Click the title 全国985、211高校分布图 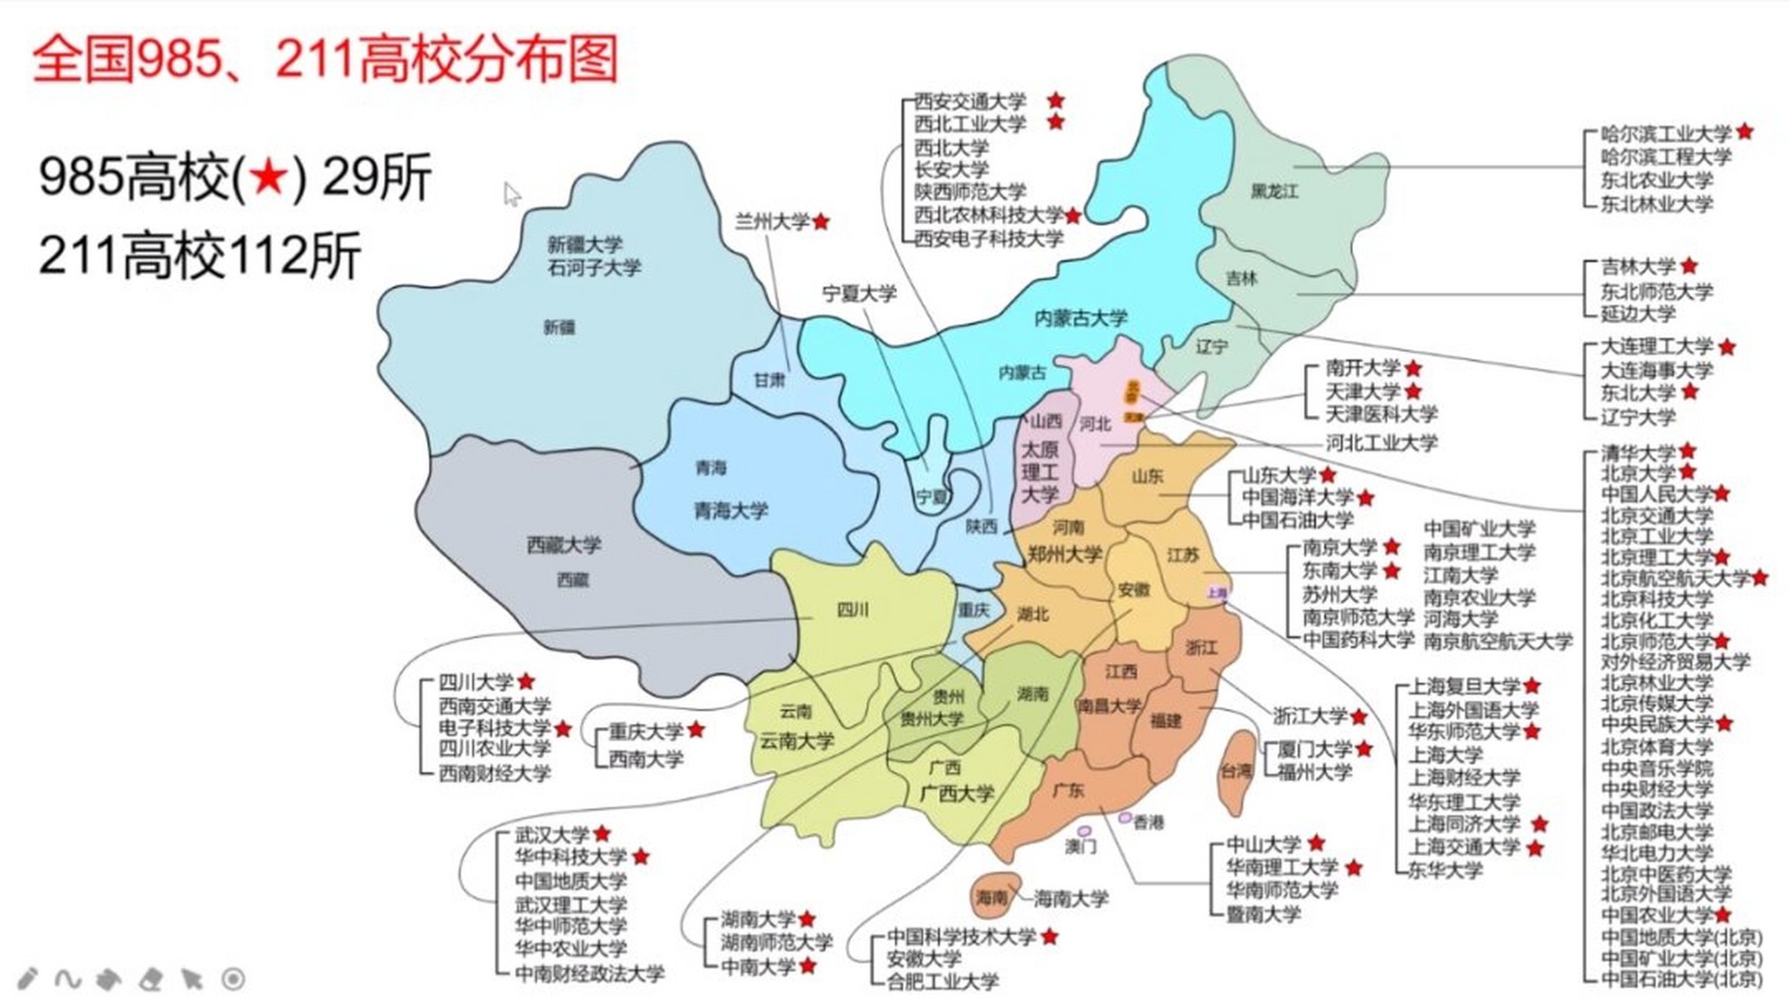pyautogui.click(x=325, y=59)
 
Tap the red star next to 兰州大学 pyautogui.click(x=821, y=222)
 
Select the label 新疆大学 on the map pyautogui.click(x=585, y=244)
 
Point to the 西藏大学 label pyautogui.click(x=563, y=544)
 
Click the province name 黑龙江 pyautogui.click(x=1274, y=191)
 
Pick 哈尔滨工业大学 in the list pyautogui.click(x=1666, y=133)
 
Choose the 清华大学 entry pyautogui.click(x=1638, y=453)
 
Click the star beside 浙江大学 pyautogui.click(x=1358, y=716)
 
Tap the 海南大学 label pyautogui.click(x=1071, y=898)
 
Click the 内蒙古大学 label pyautogui.click(x=1080, y=318)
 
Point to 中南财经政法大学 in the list pyautogui.click(x=589, y=973)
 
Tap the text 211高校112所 pyautogui.click(x=200, y=255)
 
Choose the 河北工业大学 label pyautogui.click(x=1381, y=442)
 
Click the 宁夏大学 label pyautogui.click(x=859, y=294)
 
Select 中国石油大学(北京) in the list pyautogui.click(x=1682, y=979)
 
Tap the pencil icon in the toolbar pyautogui.click(x=27, y=978)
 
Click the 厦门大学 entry pyautogui.click(x=1314, y=749)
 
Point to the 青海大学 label pyautogui.click(x=730, y=511)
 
